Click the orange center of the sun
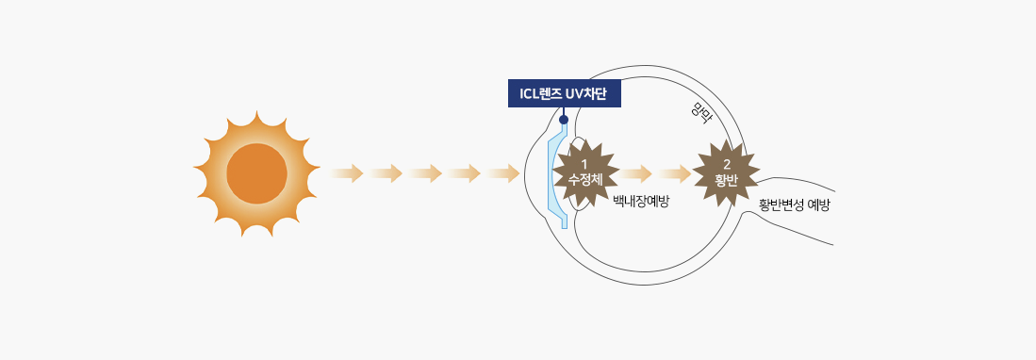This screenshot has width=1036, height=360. [256, 173]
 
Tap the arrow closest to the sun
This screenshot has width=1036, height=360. [346, 173]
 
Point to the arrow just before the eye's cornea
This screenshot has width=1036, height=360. [503, 173]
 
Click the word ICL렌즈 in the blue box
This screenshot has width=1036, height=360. [539, 93]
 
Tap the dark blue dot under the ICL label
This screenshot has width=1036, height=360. [563, 120]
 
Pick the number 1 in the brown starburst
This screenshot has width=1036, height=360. [584, 164]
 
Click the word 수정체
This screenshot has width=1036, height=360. [585, 179]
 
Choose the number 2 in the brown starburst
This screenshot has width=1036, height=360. [727, 164]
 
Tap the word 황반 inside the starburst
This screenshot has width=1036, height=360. [726, 179]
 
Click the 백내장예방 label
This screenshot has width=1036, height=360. [641, 202]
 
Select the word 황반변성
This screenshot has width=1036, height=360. [781, 205]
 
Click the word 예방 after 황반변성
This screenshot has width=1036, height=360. [818, 205]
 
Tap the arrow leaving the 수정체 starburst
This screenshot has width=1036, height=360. [635, 173]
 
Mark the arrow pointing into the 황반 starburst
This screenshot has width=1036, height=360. [675, 173]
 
